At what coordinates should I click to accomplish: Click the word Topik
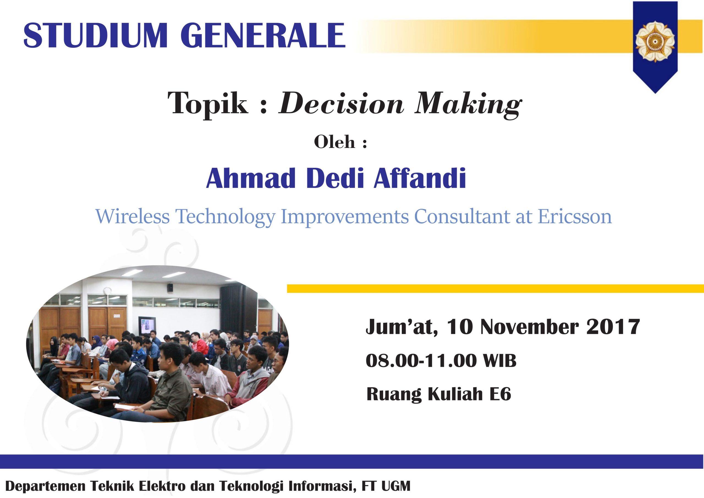(x=208, y=104)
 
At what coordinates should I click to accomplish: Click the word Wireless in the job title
(x=133, y=217)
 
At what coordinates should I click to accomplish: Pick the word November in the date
(x=530, y=327)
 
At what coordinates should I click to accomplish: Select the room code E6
(x=500, y=394)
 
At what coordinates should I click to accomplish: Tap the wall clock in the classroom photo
(x=107, y=290)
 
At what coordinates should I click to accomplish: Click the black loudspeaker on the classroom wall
(x=170, y=288)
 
